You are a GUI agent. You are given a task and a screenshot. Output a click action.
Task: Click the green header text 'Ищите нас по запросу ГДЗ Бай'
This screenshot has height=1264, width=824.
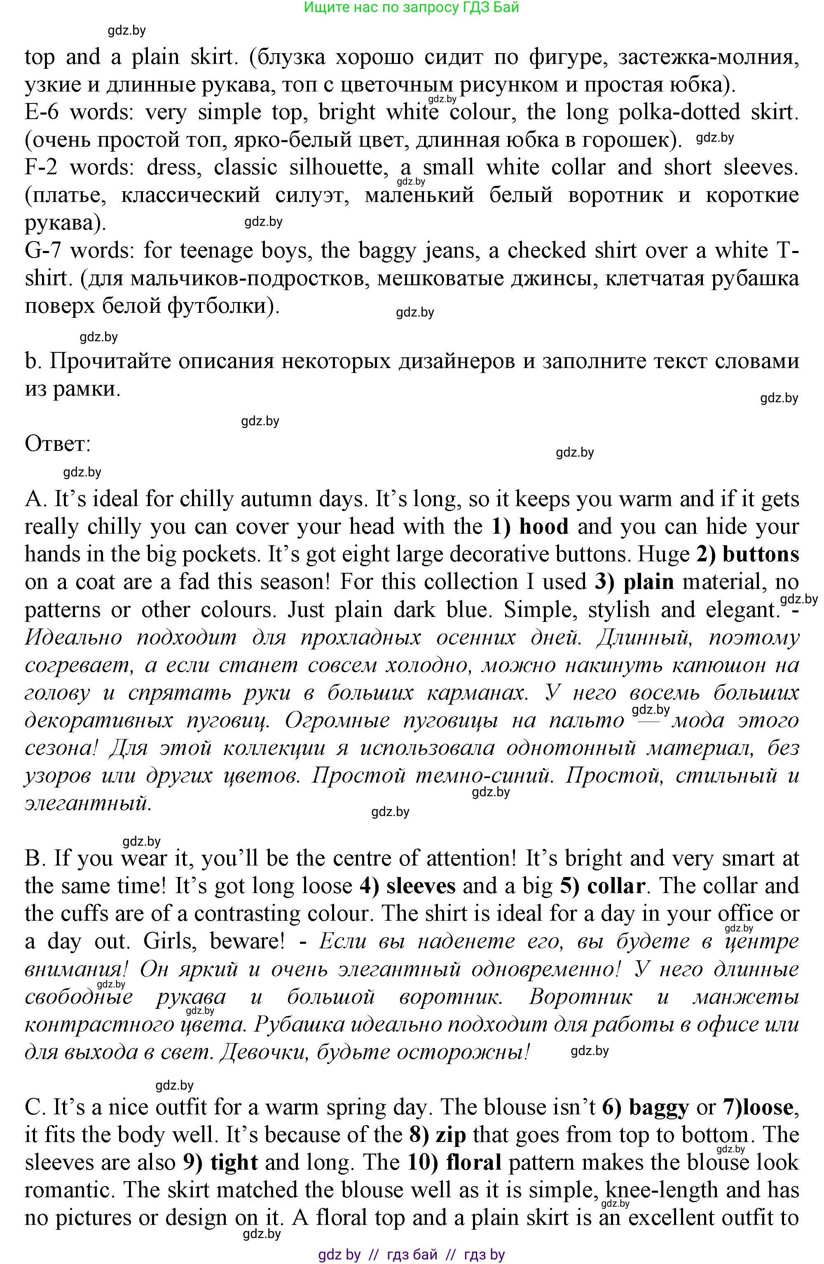pyautogui.click(x=412, y=7)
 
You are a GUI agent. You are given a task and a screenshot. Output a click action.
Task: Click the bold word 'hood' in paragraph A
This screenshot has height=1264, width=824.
pyautogui.click(x=544, y=527)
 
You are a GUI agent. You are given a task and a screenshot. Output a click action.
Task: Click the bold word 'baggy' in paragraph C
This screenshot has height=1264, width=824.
pyautogui.click(x=658, y=1107)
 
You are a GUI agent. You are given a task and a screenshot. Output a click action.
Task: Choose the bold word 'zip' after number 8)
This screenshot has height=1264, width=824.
pyautogui.click(x=451, y=1135)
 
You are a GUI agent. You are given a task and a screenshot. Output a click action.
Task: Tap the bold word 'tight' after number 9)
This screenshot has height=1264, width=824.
pyautogui.click(x=234, y=1163)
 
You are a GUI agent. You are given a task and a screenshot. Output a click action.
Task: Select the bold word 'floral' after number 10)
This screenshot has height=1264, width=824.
pyautogui.click(x=473, y=1163)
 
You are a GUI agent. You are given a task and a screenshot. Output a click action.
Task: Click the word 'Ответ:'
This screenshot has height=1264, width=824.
pyautogui.click(x=58, y=444)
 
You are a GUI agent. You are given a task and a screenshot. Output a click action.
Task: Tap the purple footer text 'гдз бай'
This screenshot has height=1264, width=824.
pyautogui.click(x=412, y=1255)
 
